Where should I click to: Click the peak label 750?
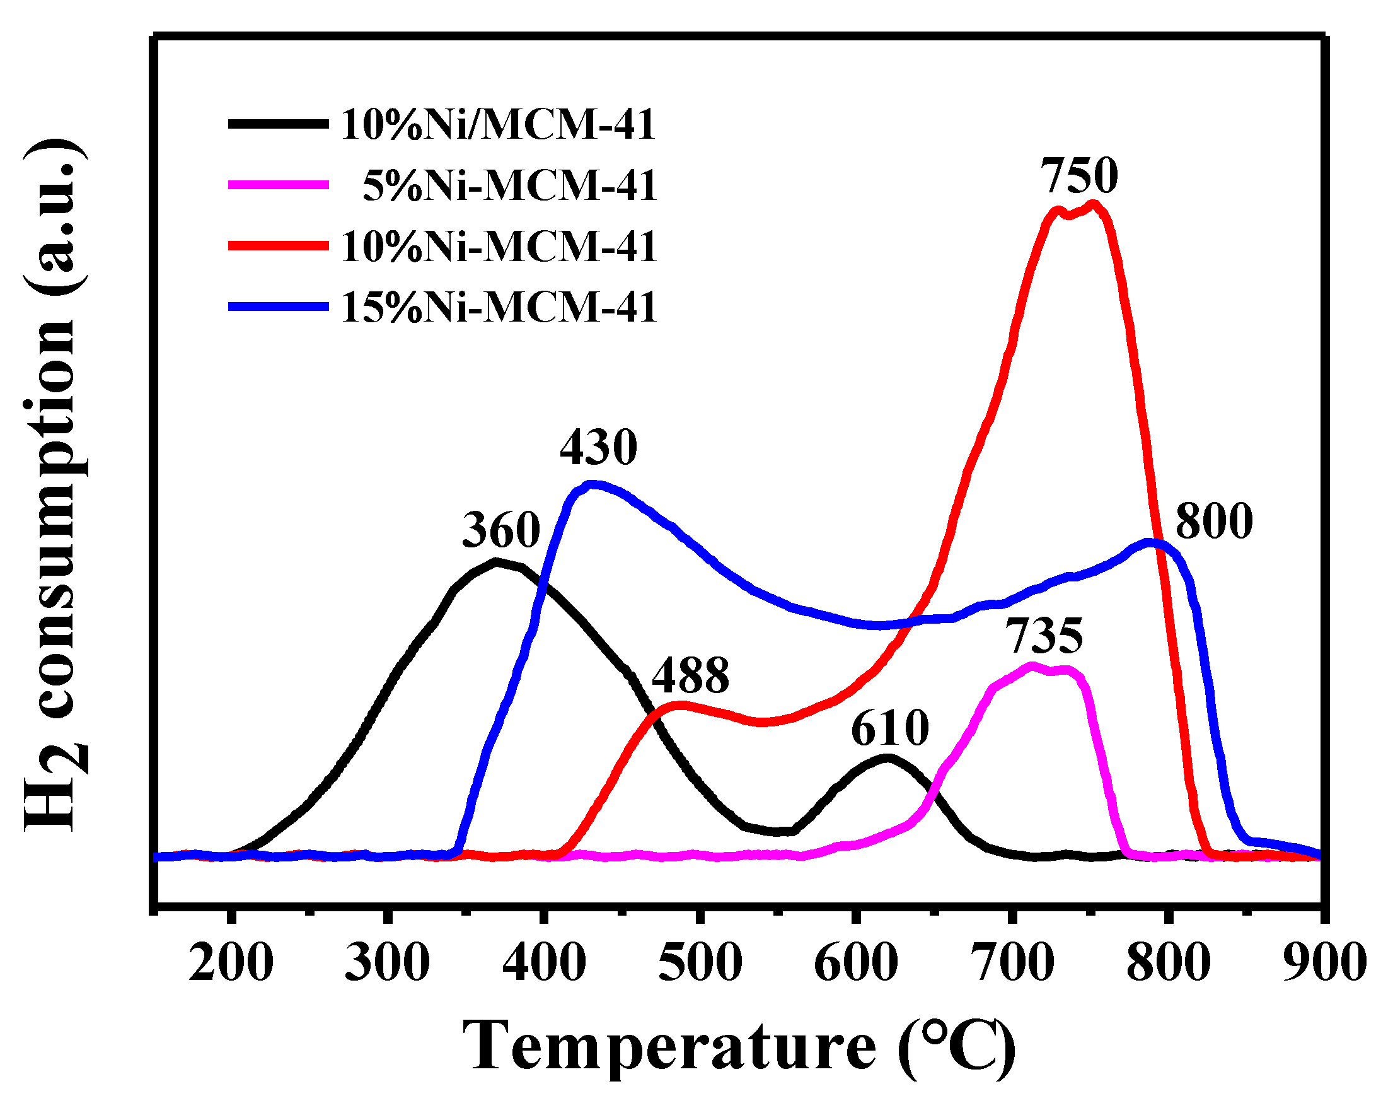pos(1079,177)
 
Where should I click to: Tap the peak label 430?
pos(598,447)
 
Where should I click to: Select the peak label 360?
pos(500,530)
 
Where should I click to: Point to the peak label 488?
pos(690,675)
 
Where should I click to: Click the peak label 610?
pos(889,728)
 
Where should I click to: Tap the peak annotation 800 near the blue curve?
pos(1213,522)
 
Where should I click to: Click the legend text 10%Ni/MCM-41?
pos(498,125)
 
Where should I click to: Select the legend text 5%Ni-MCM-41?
pos(510,185)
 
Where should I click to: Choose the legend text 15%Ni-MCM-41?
pos(498,307)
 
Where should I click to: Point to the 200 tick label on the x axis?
pos(231,963)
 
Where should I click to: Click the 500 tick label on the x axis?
pos(700,963)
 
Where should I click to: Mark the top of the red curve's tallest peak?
pos(1092,206)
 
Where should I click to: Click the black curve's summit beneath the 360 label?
pos(496,561)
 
